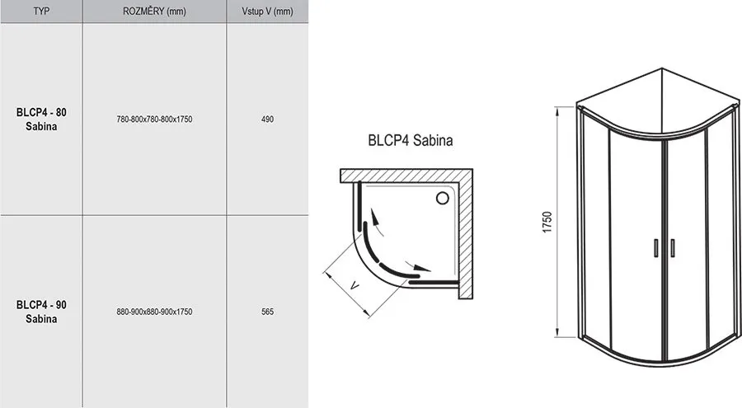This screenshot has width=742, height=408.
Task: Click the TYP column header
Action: pyautogui.click(x=41, y=11)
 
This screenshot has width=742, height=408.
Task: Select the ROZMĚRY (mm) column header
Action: pyautogui.click(x=154, y=11)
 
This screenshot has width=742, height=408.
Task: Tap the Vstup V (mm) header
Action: pyautogui.click(x=267, y=11)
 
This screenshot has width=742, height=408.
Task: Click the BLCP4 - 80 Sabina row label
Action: pyautogui.click(x=41, y=120)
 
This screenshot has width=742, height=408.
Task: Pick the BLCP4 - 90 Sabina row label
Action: pyautogui.click(x=41, y=312)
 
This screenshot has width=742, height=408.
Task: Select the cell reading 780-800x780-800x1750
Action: pyautogui.click(x=154, y=120)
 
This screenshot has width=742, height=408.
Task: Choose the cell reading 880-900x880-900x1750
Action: pyautogui.click(x=154, y=312)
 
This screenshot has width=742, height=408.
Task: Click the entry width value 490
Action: pyautogui.click(x=267, y=120)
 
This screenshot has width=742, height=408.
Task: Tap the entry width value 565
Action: pyautogui.click(x=267, y=312)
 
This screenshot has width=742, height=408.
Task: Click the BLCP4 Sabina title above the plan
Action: pyautogui.click(x=411, y=140)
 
